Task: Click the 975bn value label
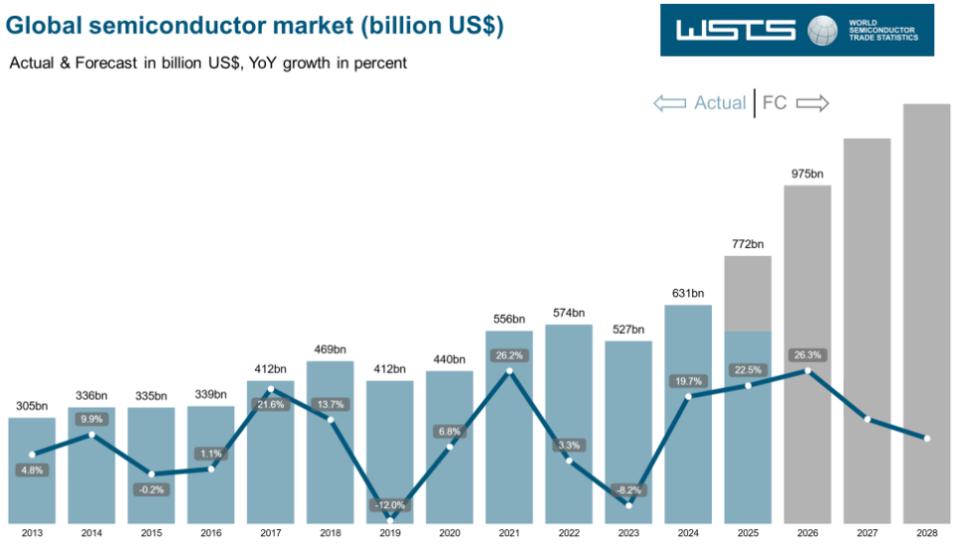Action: point(808,173)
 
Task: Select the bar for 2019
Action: point(389,448)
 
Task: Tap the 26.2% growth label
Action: point(509,354)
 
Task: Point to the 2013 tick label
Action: point(32,534)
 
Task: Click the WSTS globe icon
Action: point(823,30)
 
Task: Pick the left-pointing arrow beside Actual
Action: point(669,103)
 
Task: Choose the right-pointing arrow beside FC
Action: point(813,103)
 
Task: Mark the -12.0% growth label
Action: point(389,505)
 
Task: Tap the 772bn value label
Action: point(748,244)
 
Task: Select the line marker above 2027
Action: point(867,420)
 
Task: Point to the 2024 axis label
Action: point(688,534)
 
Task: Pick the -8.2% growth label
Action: point(628,489)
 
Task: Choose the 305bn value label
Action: point(32,406)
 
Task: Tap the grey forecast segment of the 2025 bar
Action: point(748,293)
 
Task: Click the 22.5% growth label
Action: point(748,371)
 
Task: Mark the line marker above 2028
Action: point(927,438)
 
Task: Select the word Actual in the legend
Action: point(720,103)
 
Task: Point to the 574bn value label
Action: point(569,313)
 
